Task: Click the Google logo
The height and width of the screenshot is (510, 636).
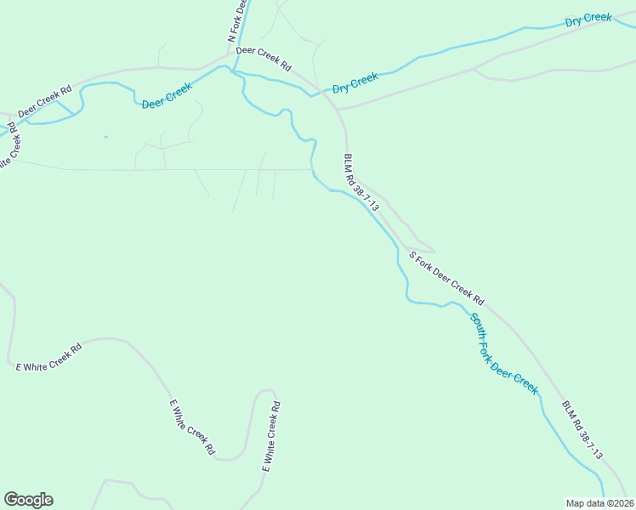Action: pos(28,500)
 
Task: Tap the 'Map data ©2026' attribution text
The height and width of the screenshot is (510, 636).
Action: pos(600,502)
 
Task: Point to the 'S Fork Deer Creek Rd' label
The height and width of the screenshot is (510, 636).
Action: pos(446,277)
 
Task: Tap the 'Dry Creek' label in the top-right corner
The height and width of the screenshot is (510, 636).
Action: pos(588,18)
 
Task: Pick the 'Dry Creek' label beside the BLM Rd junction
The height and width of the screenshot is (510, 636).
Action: pos(355,82)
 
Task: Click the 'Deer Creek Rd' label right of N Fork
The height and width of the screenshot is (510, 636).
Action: pos(264,57)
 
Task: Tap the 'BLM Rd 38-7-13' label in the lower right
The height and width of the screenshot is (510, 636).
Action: pos(582,430)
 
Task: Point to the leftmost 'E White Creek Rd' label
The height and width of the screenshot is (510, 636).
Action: pos(49,357)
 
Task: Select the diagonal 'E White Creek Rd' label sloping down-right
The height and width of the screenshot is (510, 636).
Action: pos(192,428)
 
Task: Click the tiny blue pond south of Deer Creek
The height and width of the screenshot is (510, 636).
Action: pos(105,137)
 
